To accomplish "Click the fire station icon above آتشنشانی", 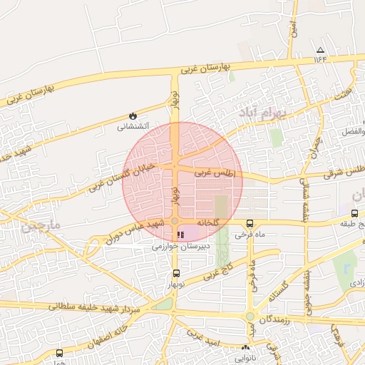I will click(133, 115).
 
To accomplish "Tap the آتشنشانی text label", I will click(133, 127).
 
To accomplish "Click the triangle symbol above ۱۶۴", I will click(320, 50).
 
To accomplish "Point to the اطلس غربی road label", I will click(214, 173).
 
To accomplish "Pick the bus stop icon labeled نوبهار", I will click(176, 273).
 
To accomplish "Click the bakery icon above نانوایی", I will click(246, 347).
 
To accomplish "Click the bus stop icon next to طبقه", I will click(354, 213).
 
